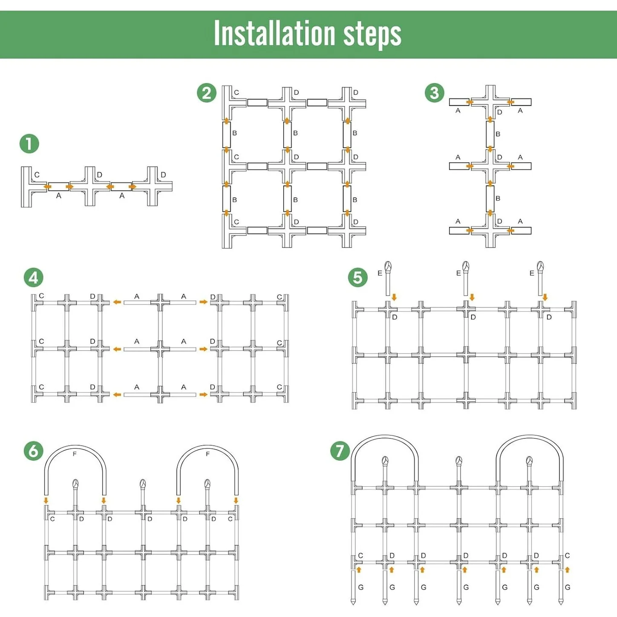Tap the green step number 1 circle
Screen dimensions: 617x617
pos(29,144)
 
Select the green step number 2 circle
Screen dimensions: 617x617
pos(207,93)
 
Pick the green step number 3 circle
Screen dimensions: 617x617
pos(435,92)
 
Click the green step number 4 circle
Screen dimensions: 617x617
pos(34,278)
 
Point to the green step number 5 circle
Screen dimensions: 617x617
pos(358,278)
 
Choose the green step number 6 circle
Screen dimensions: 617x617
pos(34,451)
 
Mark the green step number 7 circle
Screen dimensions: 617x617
pos(340,451)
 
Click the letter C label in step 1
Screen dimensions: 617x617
pos(37,175)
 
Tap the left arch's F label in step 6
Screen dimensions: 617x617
pos(75,454)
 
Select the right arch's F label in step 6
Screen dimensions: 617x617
pos(208,454)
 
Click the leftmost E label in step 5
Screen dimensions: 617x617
pos(380,273)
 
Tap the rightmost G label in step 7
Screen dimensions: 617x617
pos(568,587)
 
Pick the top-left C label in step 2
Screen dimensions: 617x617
pos(236,92)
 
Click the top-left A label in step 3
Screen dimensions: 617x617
pos(458,111)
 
